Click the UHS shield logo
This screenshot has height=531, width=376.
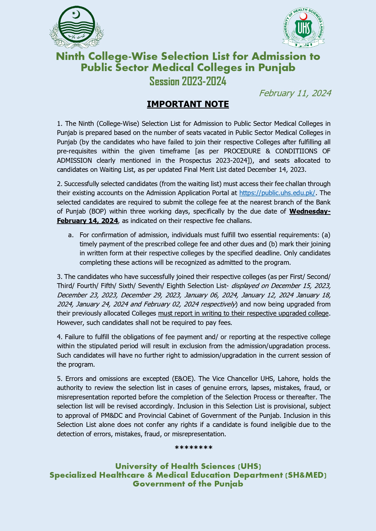pyautogui.click(x=304, y=28)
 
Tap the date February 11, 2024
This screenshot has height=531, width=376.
pyautogui.click(x=295, y=93)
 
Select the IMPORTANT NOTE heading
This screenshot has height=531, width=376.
pyautogui.click(x=188, y=104)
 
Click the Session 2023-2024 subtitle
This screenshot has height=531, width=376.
pyautogui.click(x=188, y=81)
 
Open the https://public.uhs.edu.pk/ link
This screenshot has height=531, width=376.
pyautogui.click(x=277, y=193)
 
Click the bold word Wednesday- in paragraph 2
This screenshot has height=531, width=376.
pyautogui.click(x=310, y=211)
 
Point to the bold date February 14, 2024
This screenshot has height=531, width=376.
pyautogui.click(x=87, y=221)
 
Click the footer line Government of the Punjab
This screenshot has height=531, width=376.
pyautogui.click(x=188, y=484)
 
